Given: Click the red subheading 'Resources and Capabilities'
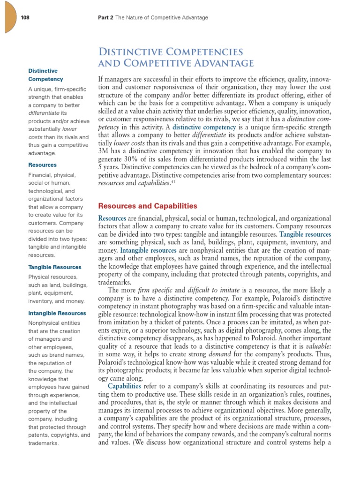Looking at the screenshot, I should pos(147,206).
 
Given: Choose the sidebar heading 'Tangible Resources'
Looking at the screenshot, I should pos(55,267).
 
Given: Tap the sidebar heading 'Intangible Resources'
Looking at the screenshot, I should pos(57,313).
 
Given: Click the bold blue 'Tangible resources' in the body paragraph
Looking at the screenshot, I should pos(305,234).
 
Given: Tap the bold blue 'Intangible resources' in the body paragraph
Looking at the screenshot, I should pos(149,251).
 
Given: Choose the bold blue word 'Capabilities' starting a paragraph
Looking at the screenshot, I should pos(125,386).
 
